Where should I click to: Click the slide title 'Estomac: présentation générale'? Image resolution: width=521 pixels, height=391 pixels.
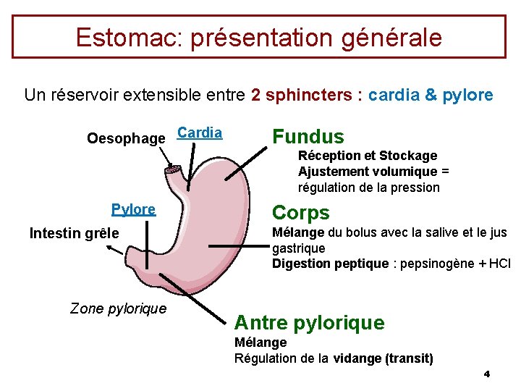pos(258,37)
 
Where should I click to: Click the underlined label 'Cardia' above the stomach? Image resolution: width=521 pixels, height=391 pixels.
pos(200,133)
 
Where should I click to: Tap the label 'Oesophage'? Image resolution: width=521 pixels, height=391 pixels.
pos(126,138)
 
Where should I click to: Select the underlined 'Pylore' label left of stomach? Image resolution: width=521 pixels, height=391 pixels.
pos(133,209)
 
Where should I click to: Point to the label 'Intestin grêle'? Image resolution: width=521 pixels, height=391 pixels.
pos(74,233)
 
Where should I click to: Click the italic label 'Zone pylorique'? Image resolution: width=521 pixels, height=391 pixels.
pos(118,308)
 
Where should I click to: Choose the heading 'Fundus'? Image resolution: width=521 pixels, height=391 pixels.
pos(308,137)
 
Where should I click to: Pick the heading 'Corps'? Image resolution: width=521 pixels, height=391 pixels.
pos(300,213)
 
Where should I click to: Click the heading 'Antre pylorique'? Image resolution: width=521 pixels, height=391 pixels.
pos(309,323)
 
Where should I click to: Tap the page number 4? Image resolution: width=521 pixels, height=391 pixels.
pos(486,374)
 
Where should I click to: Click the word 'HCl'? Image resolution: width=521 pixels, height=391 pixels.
pos(499,264)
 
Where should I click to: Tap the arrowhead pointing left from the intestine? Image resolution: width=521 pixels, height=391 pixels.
pos(108,248)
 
